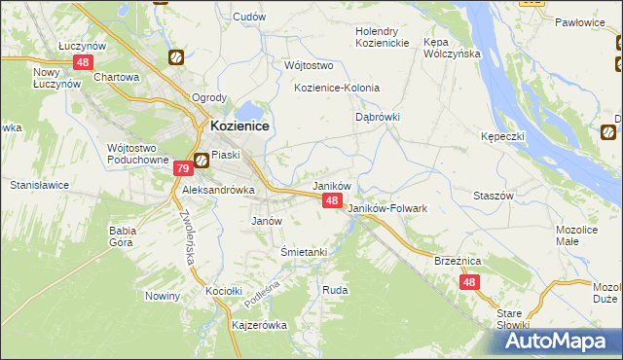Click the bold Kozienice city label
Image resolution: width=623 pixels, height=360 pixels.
click(239, 126)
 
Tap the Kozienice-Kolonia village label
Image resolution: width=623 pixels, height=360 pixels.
click(336, 88)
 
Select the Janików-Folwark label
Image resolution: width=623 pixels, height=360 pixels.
click(387, 208)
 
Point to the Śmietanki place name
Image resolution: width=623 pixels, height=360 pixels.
click(303, 252)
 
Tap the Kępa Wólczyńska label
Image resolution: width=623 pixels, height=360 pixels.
click(453, 49)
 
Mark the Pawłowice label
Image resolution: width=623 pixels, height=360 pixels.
click(581, 20)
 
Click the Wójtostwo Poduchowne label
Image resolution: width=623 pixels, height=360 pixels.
click(136, 154)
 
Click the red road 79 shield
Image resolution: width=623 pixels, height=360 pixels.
click(182, 169)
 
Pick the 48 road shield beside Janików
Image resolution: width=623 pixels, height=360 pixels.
click(332, 200)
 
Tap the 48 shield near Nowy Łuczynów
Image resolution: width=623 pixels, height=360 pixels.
click(82, 62)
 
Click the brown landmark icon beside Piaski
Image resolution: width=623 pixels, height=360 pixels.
click(201, 161)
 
